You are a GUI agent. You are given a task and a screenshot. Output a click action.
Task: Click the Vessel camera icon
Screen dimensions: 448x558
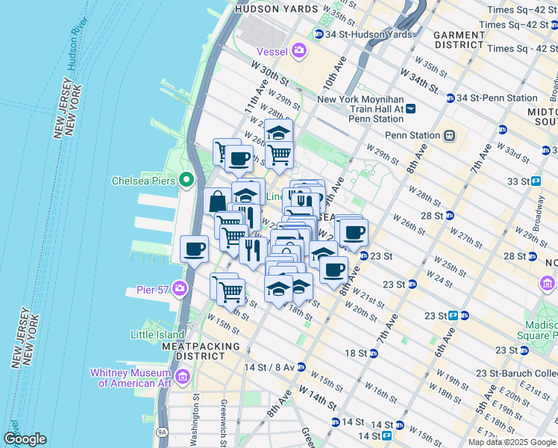point(299,51)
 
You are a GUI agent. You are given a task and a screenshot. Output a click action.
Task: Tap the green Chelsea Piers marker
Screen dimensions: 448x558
point(186,181)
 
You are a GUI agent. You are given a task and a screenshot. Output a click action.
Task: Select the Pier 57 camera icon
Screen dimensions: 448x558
point(180,288)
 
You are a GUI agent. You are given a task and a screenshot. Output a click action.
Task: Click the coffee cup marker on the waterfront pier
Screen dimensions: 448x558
point(195,249)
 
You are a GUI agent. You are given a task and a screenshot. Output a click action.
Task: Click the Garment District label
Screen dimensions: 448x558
point(460,40)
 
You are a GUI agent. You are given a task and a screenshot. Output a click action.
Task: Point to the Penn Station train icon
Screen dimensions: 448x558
point(449,135)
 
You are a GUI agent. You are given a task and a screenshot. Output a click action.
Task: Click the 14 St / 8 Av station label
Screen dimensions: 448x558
point(269,367)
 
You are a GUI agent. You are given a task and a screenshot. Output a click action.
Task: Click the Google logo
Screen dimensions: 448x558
point(25,439)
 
